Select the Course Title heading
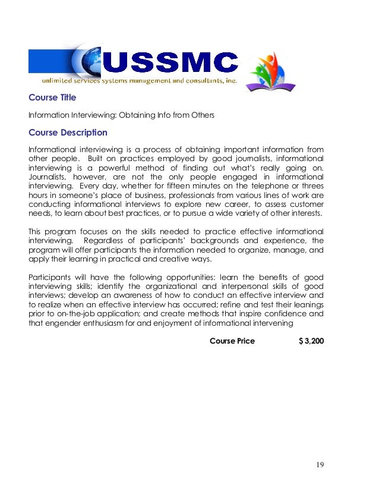pyautogui.click(x=52, y=97)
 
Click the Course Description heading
pyautogui.click(x=68, y=133)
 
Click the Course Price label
pyautogui.click(x=232, y=341)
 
